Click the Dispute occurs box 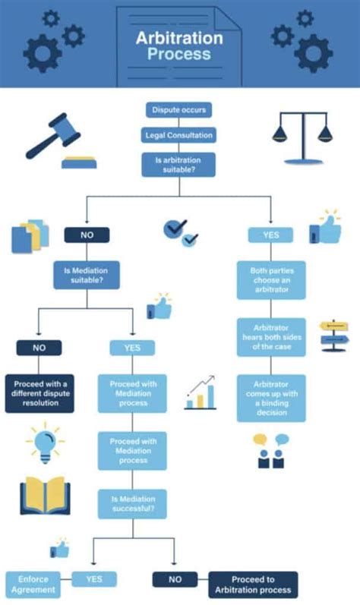178,110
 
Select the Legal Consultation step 178,135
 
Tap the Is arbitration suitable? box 178,165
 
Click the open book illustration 45,495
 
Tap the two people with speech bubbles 271,451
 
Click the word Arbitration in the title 179,38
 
